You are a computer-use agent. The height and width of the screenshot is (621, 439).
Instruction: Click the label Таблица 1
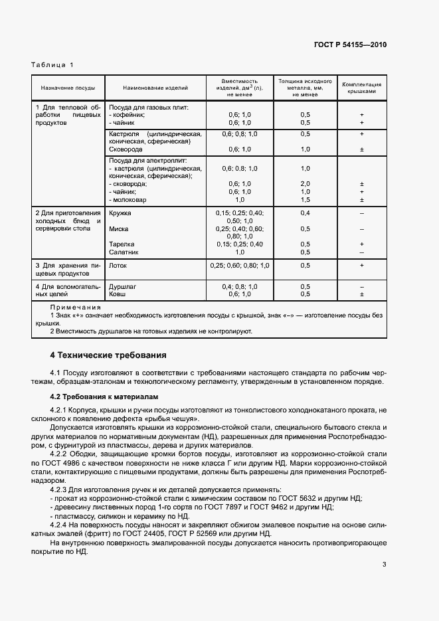(52, 64)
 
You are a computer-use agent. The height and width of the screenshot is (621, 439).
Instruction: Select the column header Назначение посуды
(68, 88)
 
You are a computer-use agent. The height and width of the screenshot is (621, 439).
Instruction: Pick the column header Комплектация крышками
(361, 88)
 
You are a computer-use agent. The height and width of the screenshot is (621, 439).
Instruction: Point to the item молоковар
(130, 199)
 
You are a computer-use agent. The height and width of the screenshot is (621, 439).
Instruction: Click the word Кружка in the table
(120, 213)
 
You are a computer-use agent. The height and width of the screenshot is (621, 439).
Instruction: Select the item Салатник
(124, 252)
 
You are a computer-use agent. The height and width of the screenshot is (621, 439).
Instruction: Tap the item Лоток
(118, 265)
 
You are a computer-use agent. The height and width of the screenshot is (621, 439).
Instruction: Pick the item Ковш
(117, 294)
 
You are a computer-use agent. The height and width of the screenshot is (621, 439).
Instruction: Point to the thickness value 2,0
(305, 183)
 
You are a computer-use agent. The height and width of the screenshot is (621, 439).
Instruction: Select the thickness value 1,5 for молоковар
(305, 199)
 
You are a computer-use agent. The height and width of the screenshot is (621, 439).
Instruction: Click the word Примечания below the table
(75, 308)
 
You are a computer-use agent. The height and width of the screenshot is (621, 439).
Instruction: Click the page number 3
(384, 565)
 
